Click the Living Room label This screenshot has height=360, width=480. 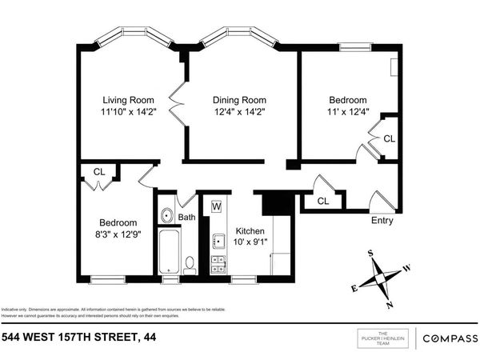tap(128, 99)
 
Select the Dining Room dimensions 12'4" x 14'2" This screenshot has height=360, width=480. tap(238, 112)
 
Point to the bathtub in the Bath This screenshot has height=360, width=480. tap(170, 253)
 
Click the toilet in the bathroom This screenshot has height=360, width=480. tap(190, 262)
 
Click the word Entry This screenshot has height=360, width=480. tap(382, 221)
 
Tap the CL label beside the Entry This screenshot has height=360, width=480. tap(323, 201)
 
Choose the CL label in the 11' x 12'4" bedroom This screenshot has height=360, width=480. tap(389, 138)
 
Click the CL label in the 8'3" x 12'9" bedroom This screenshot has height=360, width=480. tap(98, 171)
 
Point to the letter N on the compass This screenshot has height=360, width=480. tap(389, 305)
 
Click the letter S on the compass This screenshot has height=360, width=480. tap(370, 254)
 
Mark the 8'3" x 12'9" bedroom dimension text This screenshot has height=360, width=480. tap(118, 234)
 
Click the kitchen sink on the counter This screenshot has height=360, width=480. tap(216, 240)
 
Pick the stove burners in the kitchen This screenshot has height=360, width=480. tap(216, 265)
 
